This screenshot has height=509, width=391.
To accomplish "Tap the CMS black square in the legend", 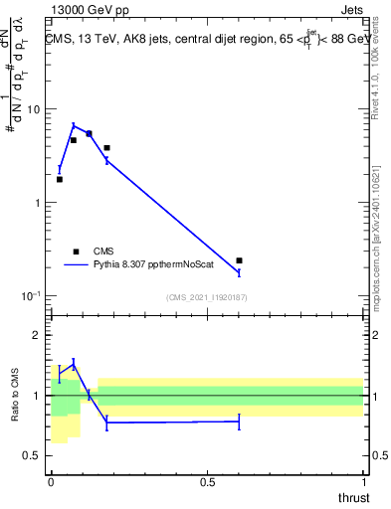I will point(76,252).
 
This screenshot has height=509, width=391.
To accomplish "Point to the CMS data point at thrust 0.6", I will point(239,260).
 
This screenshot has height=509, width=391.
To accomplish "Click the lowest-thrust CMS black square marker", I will point(60,179).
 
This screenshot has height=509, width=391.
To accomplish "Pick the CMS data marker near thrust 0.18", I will point(106,147).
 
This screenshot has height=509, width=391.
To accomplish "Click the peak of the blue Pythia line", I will point(74,125).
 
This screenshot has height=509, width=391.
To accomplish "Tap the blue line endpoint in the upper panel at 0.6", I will point(239,271).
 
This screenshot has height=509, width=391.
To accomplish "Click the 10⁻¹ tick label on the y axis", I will point(30,295).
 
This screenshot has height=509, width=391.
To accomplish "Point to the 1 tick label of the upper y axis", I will point(38,203).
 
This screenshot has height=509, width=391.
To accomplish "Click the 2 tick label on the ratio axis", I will point(38,335).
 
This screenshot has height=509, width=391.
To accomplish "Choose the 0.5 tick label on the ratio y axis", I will point(34,455).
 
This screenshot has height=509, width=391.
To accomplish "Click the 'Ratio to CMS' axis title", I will point(16,396).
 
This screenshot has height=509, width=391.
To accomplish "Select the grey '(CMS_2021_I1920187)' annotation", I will point(207,297).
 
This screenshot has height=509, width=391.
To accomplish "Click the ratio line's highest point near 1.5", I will point(74,364).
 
